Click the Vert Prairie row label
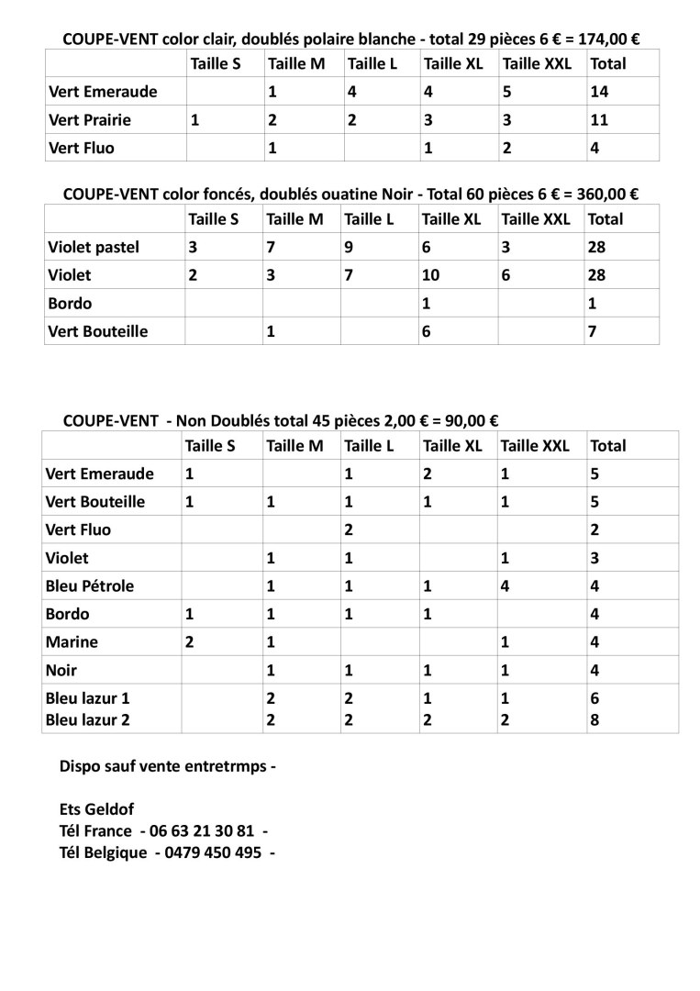pos(89,120)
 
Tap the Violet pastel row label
pos(93,248)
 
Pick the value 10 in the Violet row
pos(430,275)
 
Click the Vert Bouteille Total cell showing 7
pos(593,332)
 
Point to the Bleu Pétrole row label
pos(89,586)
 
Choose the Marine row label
pos(72,642)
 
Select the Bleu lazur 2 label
pos(88,720)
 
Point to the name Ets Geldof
pos(95,809)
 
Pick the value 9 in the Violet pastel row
pos(349,248)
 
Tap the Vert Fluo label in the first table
pos(81,148)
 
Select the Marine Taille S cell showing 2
pos(190,642)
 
